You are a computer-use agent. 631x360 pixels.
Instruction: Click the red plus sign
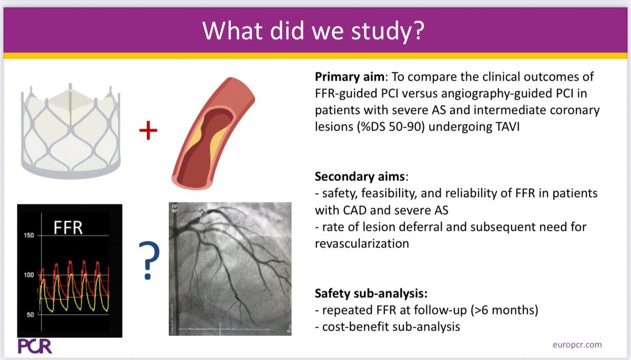(148, 130)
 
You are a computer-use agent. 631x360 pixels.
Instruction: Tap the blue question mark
(149, 260)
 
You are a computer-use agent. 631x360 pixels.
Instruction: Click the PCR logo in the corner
(35, 346)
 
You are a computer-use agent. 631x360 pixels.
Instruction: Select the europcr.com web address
(577, 345)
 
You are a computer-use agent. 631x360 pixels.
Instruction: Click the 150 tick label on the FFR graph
(29, 235)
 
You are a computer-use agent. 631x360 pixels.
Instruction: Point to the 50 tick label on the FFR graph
(30, 315)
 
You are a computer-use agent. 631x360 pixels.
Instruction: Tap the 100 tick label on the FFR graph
(29, 275)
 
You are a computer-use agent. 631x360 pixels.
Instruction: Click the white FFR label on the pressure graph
(68, 228)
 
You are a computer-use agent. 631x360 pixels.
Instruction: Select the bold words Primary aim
(350, 77)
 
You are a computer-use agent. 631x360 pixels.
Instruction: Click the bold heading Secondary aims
(360, 177)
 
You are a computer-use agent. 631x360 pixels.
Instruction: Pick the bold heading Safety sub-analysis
(371, 293)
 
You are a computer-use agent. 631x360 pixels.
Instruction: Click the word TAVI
(507, 127)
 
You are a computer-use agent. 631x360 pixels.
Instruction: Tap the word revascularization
(362, 244)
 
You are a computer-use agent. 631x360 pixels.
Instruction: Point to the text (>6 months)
(504, 310)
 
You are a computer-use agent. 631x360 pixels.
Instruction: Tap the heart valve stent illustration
(70, 131)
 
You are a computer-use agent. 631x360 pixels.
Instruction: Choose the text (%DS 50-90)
(391, 127)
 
